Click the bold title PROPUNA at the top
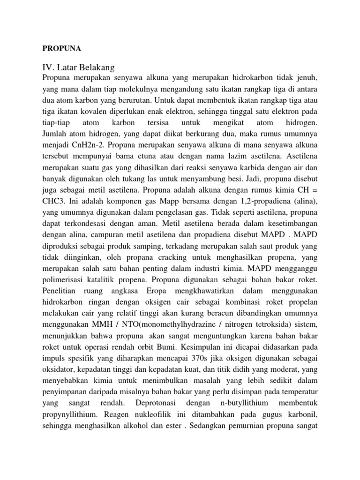[62, 48]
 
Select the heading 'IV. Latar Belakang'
[79, 67]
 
